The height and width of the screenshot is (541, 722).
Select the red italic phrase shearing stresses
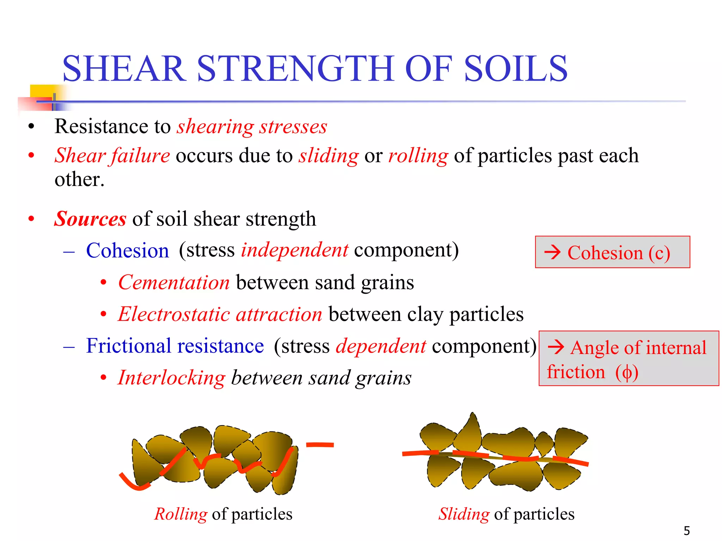pyautogui.click(x=252, y=126)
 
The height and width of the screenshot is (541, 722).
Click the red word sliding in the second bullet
pyautogui.click(x=329, y=156)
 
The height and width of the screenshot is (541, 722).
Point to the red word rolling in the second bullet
pyautogui.click(x=418, y=156)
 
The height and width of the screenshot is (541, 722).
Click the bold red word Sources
pyautogui.click(x=90, y=219)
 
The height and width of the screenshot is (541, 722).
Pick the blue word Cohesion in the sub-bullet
pyautogui.click(x=128, y=251)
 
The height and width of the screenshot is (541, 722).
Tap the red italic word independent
pyautogui.click(x=295, y=250)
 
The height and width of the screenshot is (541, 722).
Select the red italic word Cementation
pyautogui.click(x=174, y=282)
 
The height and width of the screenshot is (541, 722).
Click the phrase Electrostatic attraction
pyautogui.click(x=220, y=314)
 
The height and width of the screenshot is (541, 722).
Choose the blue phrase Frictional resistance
pyautogui.click(x=175, y=346)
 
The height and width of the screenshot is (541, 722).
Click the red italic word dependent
pyautogui.click(x=381, y=346)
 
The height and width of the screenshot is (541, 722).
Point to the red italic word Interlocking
pyautogui.click(x=171, y=378)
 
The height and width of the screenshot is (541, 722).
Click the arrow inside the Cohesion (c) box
pyautogui.click(x=552, y=252)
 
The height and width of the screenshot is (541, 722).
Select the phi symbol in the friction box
pyautogui.click(x=627, y=373)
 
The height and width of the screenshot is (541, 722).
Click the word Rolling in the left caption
pyautogui.click(x=181, y=514)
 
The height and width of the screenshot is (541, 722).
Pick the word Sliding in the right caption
pyautogui.click(x=464, y=514)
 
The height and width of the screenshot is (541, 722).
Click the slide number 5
pyautogui.click(x=687, y=530)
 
